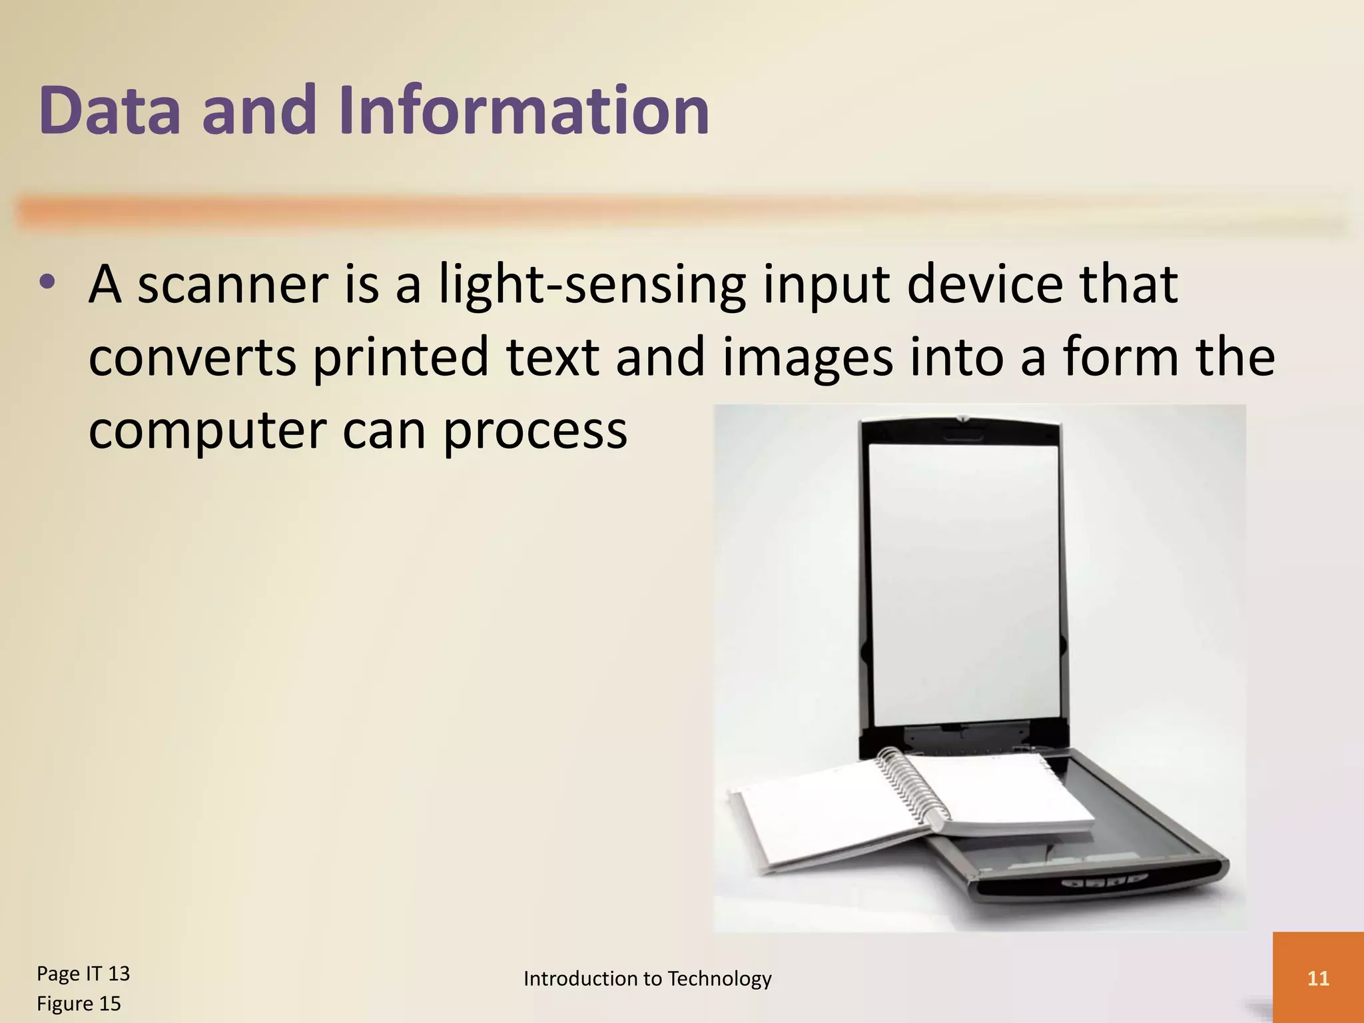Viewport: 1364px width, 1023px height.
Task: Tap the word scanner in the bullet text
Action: point(232,285)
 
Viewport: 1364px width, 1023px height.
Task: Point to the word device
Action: point(985,285)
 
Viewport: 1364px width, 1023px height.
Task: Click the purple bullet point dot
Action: point(47,282)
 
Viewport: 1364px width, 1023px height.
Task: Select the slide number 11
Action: point(1318,978)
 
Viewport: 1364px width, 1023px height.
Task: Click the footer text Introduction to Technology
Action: point(647,978)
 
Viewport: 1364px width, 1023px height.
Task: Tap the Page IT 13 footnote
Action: point(83,974)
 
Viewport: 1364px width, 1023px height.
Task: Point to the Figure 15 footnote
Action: point(79,1004)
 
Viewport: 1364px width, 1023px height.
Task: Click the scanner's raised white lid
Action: point(963,579)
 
